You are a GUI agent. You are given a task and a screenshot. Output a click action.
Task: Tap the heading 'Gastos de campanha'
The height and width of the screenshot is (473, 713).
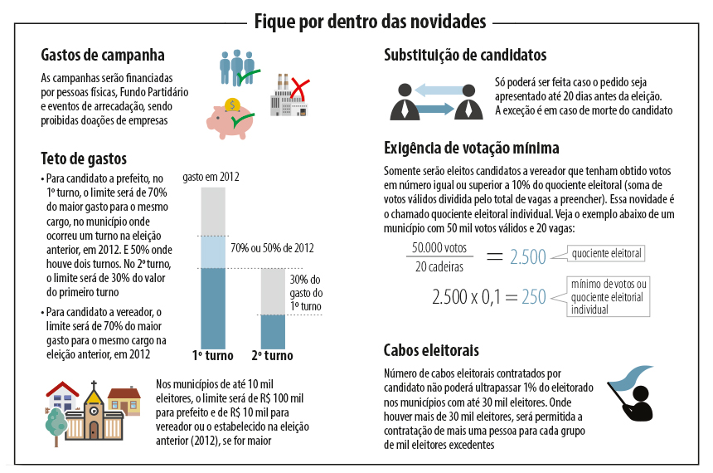tap(102, 56)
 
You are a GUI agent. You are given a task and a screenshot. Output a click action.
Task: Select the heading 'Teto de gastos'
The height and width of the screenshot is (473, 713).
tap(84, 158)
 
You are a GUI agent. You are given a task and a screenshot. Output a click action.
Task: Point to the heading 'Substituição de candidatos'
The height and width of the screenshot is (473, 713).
tap(465, 56)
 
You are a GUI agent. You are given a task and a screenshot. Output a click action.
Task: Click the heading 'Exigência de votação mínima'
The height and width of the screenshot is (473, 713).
tap(471, 149)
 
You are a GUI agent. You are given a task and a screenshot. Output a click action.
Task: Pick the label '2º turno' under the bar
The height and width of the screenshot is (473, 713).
tap(272, 356)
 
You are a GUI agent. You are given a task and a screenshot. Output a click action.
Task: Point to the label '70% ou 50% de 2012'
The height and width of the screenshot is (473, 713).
tap(272, 248)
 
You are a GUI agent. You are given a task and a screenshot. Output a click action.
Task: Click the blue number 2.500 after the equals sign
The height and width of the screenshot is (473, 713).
tap(528, 256)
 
